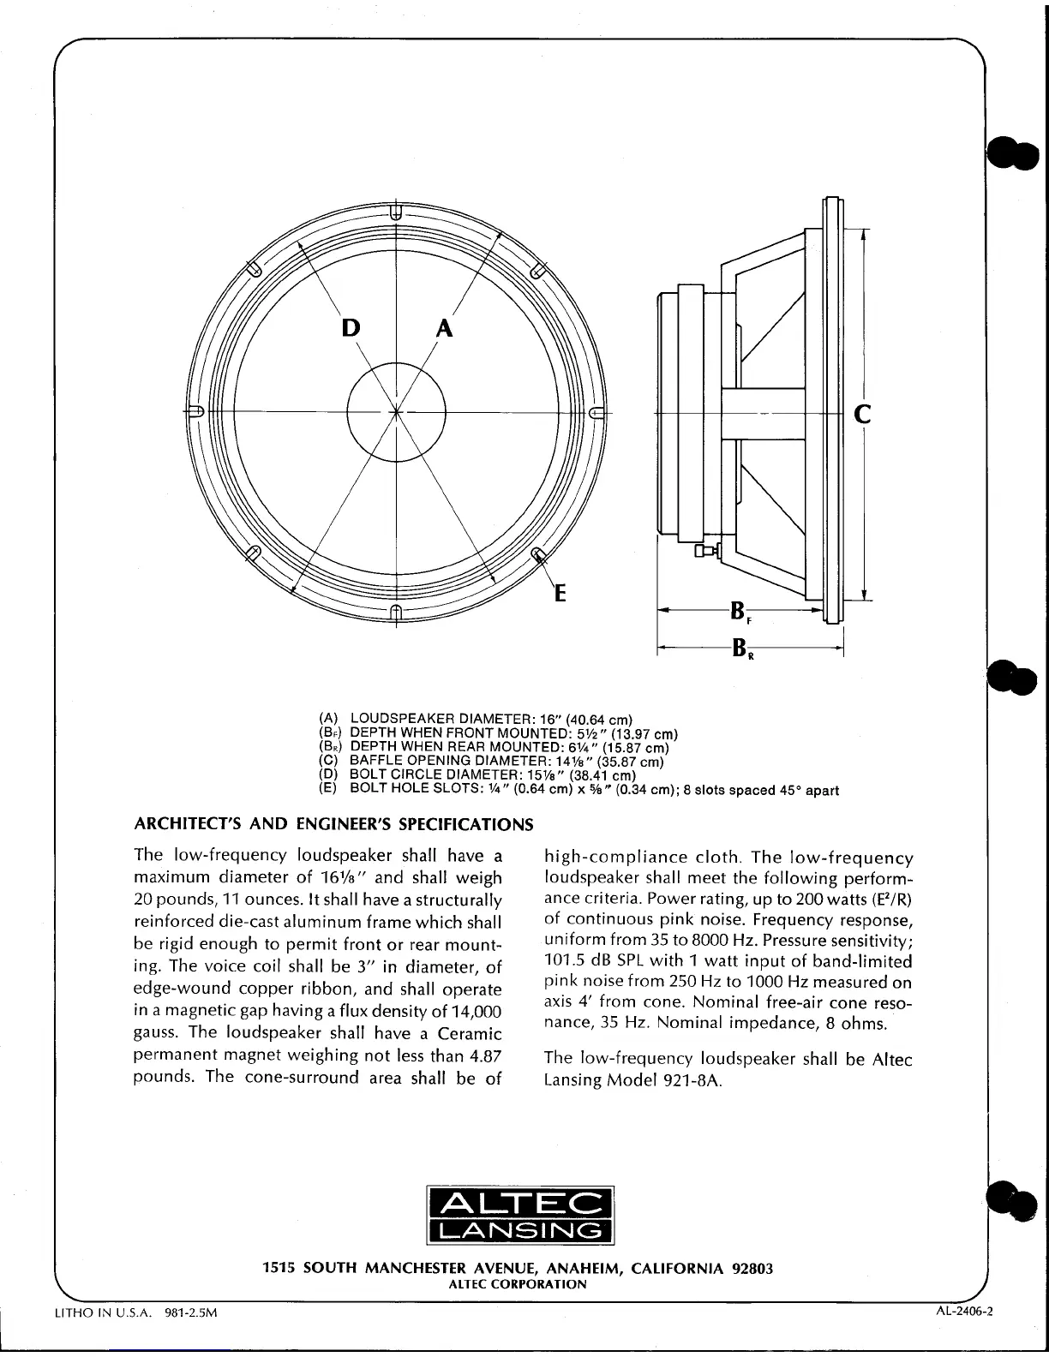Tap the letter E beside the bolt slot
tap(560, 592)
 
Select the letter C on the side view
tap(863, 415)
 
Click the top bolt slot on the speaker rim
tap(394, 211)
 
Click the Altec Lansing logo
tap(521, 1214)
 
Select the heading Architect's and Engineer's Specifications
tap(334, 825)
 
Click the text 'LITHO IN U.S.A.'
tap(99, 1337)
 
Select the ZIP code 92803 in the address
tap(749, 1268)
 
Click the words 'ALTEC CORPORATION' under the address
tap(518, 1283)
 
